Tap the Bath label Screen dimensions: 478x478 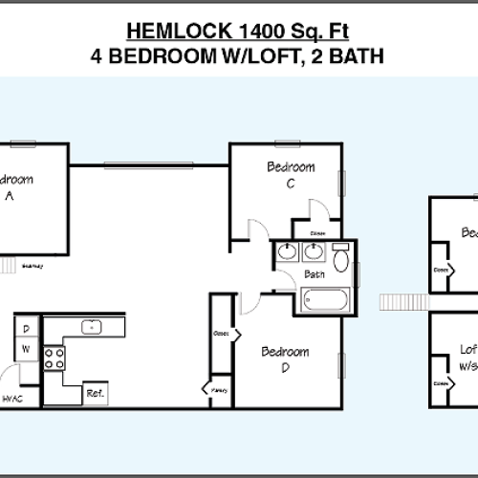(x=315, y=274)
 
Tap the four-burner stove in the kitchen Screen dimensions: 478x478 (x=54, y=358)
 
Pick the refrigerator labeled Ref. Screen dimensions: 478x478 (x=95, y=393)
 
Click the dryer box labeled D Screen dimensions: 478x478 (x=26, y=328)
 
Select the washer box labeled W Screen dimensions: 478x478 (x=26, y=349)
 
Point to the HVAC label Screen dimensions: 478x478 (x=12, y=398)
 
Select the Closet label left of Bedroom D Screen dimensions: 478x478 (x=220, y=334)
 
